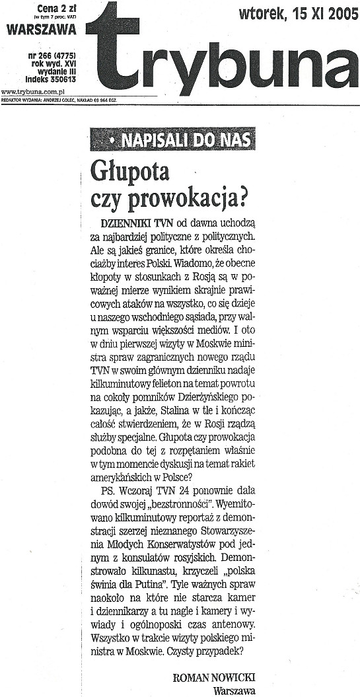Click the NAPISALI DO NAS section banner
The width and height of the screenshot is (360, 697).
[x=174, y=140]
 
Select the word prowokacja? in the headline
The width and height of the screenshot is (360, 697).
[x=192, y=196]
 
